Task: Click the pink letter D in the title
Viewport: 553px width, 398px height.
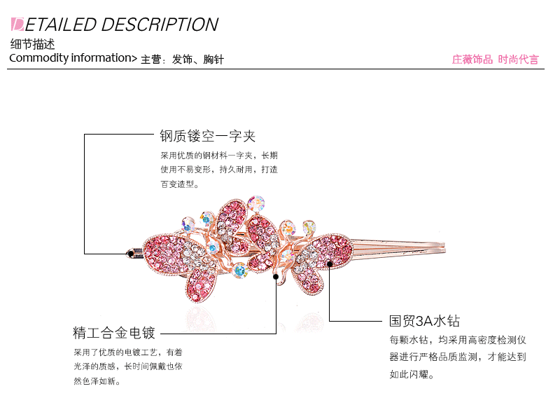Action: (18, 25)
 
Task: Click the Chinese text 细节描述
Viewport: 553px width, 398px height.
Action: (32, 45)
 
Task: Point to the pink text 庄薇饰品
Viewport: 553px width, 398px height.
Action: (472, 60)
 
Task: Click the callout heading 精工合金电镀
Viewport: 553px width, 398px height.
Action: (114, 332)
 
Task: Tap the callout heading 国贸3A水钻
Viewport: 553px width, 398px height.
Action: (425, 322)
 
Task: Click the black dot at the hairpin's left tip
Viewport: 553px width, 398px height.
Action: (129, 252)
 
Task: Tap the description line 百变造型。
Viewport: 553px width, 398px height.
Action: (180, 184)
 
